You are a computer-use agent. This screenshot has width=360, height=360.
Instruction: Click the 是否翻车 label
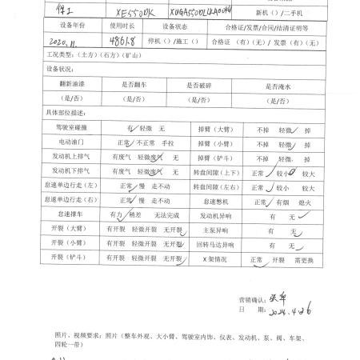point(134,83)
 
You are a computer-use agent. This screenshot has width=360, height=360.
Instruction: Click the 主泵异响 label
point(213,231)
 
